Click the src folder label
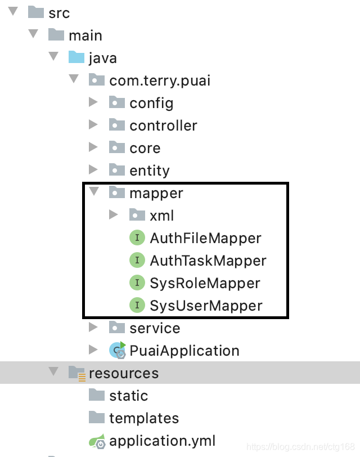click(59, 12)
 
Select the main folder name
click(85, 35)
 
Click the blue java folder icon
click(76, 57)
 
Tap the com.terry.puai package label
click(160, 80)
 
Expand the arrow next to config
click(93, 102)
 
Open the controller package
click(163, 126)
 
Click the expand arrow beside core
click(93, 147)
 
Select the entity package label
click(149, 171)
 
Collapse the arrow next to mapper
click(93, 192)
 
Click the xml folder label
click(161, 216)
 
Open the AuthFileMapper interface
click(205, 238)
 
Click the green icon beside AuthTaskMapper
click(137, 261)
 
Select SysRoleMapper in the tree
click(205, 283)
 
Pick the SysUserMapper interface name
click(206, 306)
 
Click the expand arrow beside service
click(93, 328)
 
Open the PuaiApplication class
click(184, 351)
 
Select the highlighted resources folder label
click(124, 373)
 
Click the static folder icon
click(97, 395)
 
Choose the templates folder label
click(144, 418)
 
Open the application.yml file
click(162, 441)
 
